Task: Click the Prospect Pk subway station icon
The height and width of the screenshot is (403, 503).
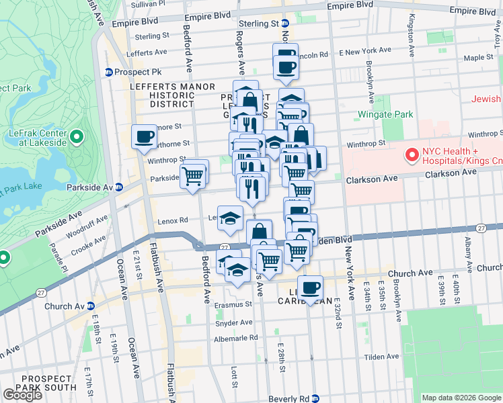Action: (x=108, y=72)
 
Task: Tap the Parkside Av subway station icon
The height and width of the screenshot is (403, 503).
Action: (x=118, y=187)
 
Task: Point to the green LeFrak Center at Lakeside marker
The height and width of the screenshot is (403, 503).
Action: (x=76, y=138)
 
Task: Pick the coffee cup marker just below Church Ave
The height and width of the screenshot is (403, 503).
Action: (x=310, y=287)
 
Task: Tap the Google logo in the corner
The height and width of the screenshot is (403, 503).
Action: (x=22, y=395)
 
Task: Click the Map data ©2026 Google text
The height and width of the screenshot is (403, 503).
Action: (x=461, y=398)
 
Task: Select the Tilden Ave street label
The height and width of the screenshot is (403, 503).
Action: (x=381, y=357)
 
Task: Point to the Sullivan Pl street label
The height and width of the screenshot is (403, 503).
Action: (x=147, y=4)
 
